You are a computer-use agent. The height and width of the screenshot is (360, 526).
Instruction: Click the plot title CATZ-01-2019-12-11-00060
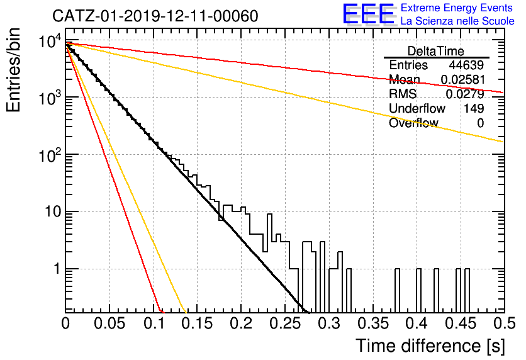tap(155, 16)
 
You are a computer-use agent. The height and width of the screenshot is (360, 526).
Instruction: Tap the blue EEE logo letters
tap(368, 14)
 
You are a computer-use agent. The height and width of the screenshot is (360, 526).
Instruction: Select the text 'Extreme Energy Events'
tap(457, 8)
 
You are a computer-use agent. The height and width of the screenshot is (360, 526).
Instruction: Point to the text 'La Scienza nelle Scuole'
tap(457, 21)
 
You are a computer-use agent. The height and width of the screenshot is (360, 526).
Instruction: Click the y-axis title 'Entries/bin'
tap(13, 70)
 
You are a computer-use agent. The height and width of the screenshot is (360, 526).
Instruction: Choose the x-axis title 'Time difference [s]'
tap(430, 346)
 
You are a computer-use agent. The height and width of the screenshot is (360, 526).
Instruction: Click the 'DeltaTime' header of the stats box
tap(436, 51)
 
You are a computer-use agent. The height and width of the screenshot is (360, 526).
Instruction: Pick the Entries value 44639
tap(466, 65)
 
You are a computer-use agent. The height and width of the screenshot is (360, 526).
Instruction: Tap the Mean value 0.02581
tap(462, 79)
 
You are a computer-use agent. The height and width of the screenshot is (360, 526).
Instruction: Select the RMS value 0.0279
tap(465, 94)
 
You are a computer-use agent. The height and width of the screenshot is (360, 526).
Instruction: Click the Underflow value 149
tap(474, 108)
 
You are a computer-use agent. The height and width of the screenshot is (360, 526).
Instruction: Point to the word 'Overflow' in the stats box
tap(413, 123)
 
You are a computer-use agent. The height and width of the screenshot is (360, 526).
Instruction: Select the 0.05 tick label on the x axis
tap(109, 323)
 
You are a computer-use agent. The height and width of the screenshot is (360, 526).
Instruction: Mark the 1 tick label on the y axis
tap(57, 269)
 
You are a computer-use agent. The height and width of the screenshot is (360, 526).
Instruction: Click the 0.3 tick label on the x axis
tap(330, 323)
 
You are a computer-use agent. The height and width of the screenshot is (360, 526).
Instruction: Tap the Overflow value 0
tap(480, 123)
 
